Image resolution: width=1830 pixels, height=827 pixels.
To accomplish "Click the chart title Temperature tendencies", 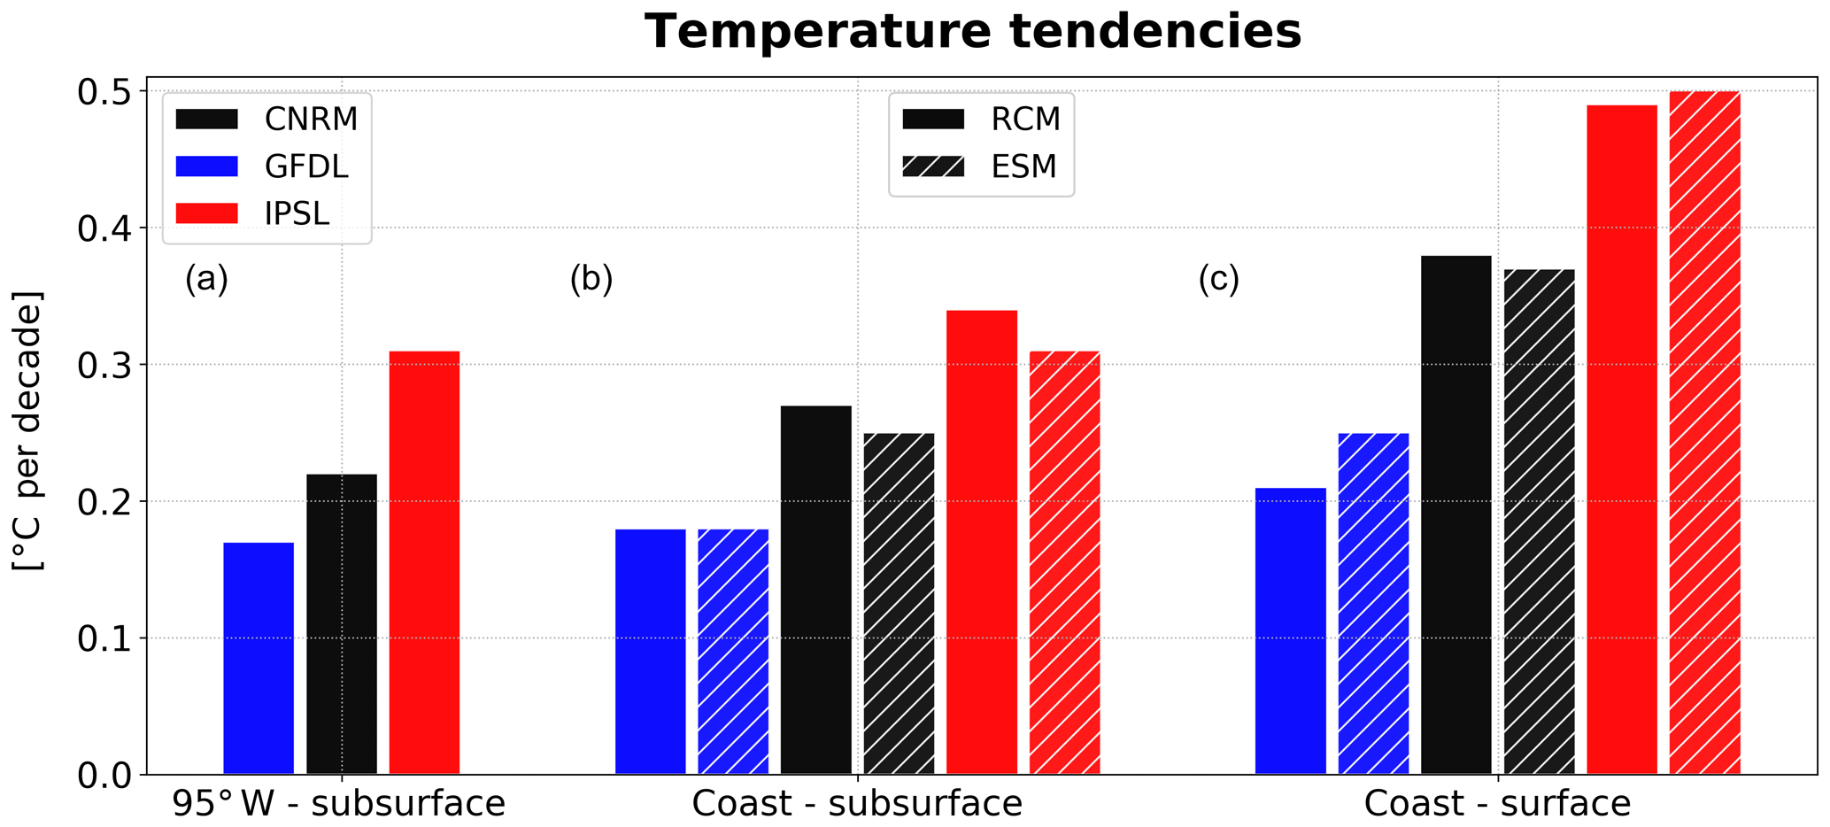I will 972,32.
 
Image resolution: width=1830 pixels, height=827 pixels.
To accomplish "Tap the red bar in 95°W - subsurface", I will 424,562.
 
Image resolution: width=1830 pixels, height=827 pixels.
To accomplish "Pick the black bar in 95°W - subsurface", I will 342,624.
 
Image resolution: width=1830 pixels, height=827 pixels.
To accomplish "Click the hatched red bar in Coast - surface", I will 1704,433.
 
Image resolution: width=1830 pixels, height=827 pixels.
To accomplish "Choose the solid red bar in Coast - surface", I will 1621,440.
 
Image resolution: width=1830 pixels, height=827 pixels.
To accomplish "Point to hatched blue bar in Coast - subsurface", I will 733,652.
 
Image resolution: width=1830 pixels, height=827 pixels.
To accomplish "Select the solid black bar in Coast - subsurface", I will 815,590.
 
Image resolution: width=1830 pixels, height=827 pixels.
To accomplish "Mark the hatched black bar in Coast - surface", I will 1539,522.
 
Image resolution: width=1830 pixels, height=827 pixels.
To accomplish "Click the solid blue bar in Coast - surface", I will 1290,630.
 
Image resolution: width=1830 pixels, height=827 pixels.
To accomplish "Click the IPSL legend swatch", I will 207,213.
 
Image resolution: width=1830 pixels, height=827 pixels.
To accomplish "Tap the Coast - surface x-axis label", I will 1496,804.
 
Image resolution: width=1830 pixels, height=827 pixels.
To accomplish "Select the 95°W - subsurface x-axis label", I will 339,804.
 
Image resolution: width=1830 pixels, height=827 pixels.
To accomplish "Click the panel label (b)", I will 591,279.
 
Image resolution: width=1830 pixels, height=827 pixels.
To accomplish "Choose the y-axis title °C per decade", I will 28,431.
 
